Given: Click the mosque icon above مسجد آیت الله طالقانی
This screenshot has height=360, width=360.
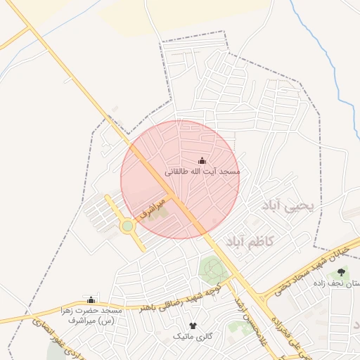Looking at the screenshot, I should click(202, 160).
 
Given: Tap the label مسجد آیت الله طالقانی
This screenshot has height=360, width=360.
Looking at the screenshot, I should click(202, 172).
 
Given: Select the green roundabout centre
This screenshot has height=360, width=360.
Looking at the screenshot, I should click(127, 226).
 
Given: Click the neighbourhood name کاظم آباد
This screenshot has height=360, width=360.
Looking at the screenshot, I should click(252, 241).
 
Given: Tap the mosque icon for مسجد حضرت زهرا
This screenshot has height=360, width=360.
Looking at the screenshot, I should click(90, 300).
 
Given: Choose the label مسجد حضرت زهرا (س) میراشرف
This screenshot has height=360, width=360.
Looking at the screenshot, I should click(91, 315).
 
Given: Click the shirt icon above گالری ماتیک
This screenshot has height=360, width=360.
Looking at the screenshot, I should click(193, 326).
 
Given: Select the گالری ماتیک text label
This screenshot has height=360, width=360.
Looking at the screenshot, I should click(193, 337).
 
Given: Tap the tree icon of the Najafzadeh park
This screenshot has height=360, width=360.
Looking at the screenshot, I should click(342, 272).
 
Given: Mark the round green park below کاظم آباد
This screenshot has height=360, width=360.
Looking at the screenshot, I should click(211, 269).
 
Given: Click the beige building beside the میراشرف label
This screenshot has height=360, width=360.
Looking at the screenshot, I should click(157, 212).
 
